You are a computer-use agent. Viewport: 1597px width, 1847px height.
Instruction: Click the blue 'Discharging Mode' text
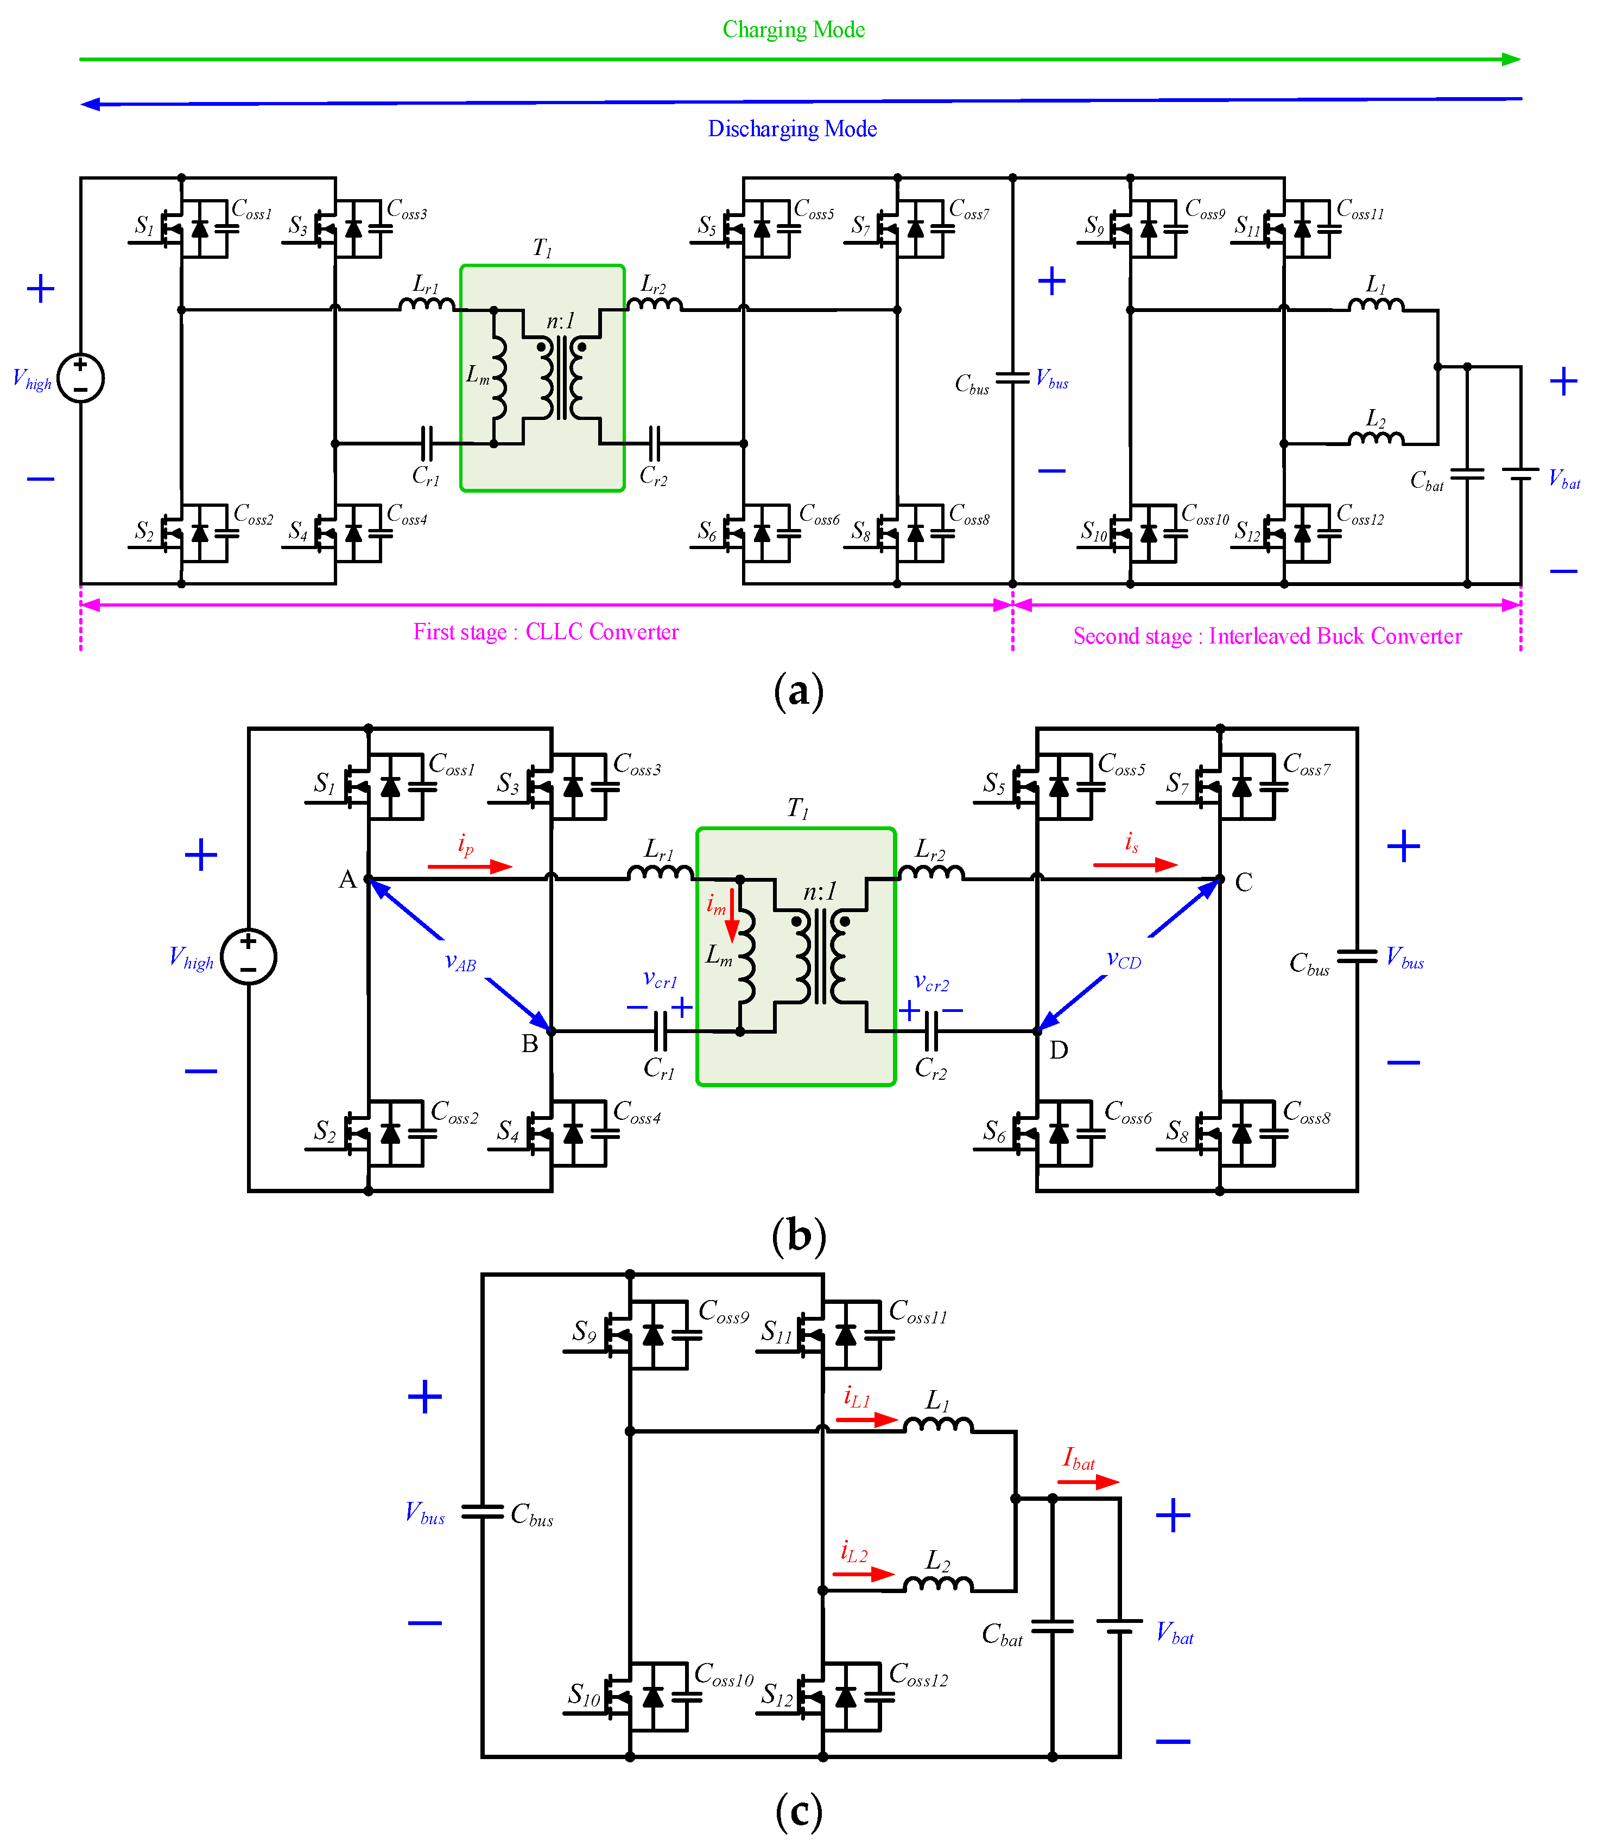(x=792, y=129)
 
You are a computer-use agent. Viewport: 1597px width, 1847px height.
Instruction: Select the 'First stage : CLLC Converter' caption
(x=546, y=632)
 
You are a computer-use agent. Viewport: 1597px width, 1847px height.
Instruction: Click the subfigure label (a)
(x=798, y=692)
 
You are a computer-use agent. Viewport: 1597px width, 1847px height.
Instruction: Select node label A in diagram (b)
(x=347, y=880)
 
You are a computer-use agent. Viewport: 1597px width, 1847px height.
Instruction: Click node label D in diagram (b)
(x=1059, y=1050)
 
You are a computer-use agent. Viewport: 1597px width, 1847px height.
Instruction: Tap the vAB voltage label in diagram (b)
(x=460, y=962)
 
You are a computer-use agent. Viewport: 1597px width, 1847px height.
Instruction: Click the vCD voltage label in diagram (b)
(x=1124, y=959)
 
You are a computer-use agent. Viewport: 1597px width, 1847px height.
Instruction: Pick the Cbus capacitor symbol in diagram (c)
(x=483, y=1512)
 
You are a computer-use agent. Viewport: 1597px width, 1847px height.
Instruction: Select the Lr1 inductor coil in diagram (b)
(x=660, y=872)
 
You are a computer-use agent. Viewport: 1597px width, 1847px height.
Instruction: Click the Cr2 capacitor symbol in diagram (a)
(x=654, y=442)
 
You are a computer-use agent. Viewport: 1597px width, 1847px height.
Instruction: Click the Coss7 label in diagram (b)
(x=1306, y=764)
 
